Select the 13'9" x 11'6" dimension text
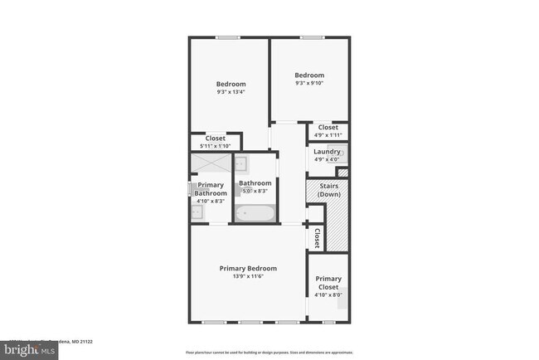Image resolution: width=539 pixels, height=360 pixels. [248, 276]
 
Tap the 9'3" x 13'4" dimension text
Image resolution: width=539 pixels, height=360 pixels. [231, 92]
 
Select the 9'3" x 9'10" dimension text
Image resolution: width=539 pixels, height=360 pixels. [310, 83]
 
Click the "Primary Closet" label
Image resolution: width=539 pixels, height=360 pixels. [328, 283]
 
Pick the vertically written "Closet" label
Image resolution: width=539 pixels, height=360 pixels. [317, 238]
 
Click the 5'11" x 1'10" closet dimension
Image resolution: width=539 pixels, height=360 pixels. [215, 146]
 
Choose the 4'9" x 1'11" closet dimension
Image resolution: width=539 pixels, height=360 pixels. [328, 135]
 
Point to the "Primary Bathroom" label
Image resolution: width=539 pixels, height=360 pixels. [210, 189]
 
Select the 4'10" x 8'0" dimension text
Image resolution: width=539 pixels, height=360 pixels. [328, 294]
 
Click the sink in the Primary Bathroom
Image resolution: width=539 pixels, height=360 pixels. [196, 213]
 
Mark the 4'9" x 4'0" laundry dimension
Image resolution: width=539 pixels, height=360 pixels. [327, 159]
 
